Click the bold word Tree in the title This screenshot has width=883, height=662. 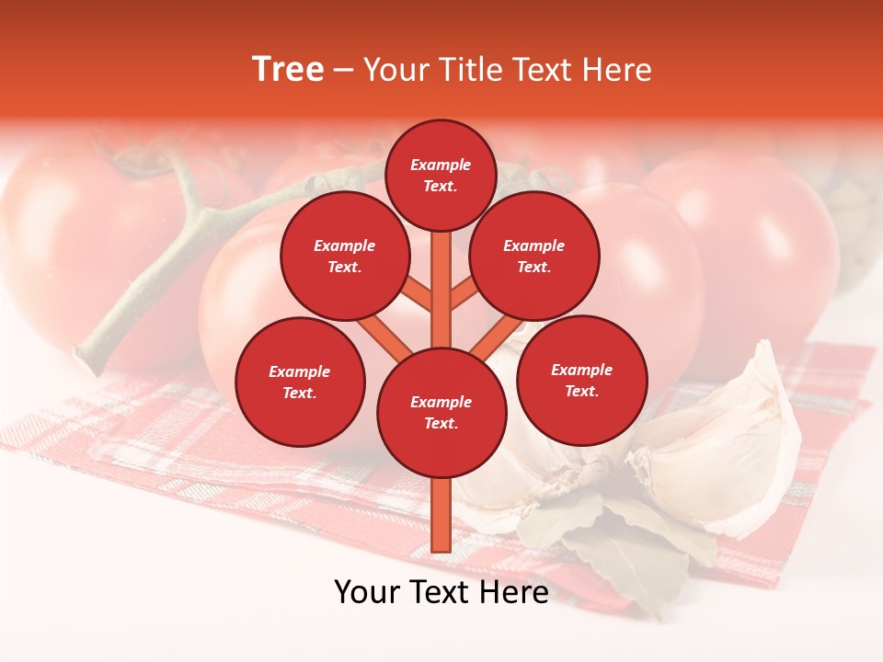tap(288, 70)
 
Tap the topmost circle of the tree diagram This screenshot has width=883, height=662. tap(441, 175)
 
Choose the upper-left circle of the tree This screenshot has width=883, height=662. tap(344, 256)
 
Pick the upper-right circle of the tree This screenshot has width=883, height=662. tap(534, 256)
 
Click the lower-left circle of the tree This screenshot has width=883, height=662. tap(300, 382)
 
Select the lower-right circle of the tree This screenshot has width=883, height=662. tap(582, 380)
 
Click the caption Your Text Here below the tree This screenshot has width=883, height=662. tap(441, 592)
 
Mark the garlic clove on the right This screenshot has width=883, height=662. tap(727, 441)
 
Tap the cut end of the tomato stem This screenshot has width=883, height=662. tap(86, 353)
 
